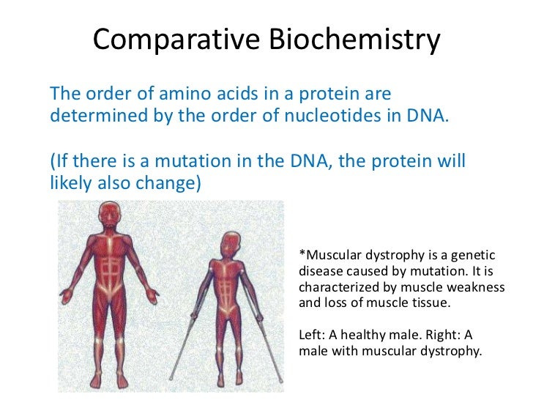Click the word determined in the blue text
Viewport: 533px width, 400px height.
[90, 117]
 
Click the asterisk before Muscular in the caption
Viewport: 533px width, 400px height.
[303, 255]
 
